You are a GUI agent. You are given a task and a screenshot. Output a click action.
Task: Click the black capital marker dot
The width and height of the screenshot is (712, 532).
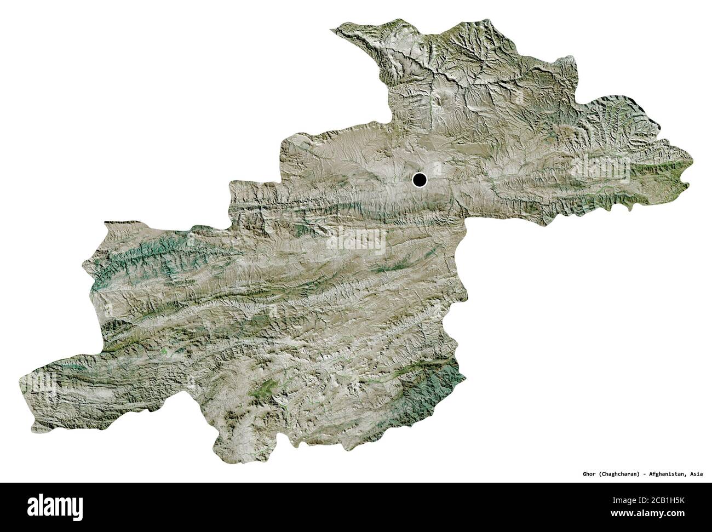coord(420,179)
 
